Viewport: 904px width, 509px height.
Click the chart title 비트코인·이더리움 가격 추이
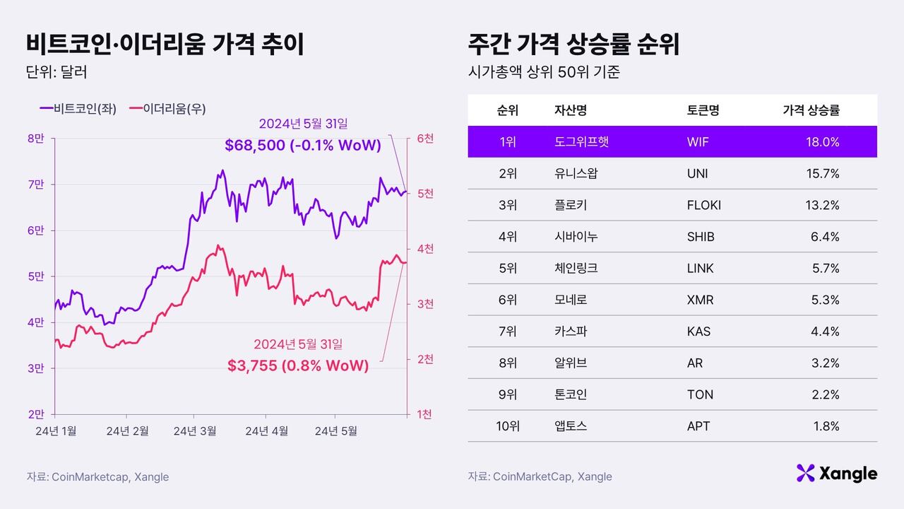165,44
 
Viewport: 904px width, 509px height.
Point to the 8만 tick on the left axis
35,139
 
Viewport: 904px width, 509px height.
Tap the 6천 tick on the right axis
425,139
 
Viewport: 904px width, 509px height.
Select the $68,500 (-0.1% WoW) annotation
303,146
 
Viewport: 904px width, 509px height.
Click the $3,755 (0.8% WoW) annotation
298,365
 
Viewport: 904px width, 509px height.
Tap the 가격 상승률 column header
811,110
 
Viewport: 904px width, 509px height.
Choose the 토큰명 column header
703,110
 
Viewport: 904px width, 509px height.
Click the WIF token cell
697,142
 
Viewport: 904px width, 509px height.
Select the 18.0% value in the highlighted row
822,142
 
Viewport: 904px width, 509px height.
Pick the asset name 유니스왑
576,173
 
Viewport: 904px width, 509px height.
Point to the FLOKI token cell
703,205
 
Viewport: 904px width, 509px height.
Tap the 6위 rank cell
507,300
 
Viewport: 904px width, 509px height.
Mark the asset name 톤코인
571,394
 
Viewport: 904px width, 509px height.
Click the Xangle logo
836,473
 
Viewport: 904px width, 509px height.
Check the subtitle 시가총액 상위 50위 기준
543,72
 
